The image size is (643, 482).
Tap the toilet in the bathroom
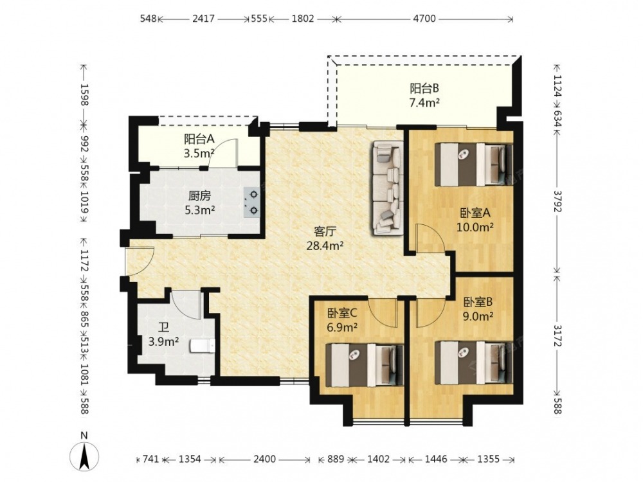click(x=203, y=346)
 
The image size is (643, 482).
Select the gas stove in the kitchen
click(x=251, y=202)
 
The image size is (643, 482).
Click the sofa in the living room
click(x=388, y=188)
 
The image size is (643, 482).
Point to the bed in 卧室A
click(x=474, y=164)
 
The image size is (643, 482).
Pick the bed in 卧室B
click(x=474, y=362)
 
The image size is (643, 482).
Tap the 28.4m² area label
click(x=325, y=246)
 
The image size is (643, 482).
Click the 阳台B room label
click(x=424, y=88)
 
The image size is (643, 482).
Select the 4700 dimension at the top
click(x=424, y=19)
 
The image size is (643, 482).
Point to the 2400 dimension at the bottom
click(x=264, y=459)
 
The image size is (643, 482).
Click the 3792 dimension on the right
click(x=557, y=201)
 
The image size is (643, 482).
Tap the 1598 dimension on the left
click(x=84, y=94)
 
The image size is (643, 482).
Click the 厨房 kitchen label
click(x=200, y=196)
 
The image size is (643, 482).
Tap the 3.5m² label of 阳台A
click(x=199, y=154)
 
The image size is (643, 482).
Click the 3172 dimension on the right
click(x=557, y=335)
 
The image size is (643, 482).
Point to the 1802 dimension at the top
click(x=303, y=19)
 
